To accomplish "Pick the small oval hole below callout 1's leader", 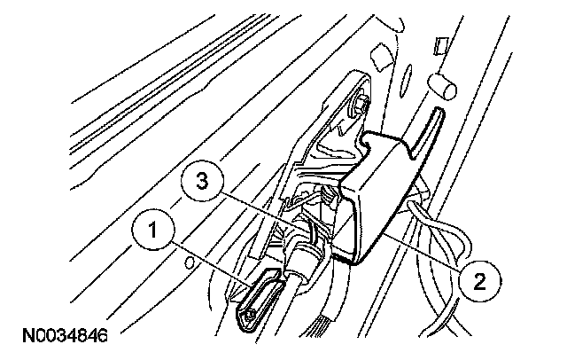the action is pyautogui.click(x=188, y=262).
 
